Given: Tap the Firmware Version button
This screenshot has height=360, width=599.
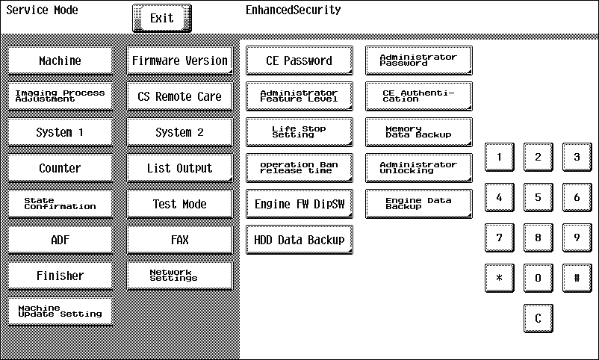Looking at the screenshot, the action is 179,60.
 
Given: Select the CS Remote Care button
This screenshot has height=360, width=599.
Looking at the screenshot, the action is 179,96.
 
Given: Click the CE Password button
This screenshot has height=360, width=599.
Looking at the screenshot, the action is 299,60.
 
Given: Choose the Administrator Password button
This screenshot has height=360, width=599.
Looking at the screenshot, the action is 419,60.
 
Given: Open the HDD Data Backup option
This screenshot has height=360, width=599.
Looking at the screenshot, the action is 299,240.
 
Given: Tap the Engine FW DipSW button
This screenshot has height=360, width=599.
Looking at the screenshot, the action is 299,204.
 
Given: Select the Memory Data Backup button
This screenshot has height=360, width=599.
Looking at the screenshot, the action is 419,132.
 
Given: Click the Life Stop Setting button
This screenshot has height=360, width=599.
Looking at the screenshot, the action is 299,132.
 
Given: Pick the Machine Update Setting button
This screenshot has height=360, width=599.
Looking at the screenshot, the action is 60,311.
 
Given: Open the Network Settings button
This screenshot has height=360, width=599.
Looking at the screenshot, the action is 179,276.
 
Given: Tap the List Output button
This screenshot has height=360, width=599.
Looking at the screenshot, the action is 179,168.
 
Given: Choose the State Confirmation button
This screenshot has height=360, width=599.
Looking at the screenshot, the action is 60,204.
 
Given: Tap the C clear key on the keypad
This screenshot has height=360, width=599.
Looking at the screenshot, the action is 538,318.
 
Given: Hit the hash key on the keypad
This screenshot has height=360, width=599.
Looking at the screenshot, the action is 577,278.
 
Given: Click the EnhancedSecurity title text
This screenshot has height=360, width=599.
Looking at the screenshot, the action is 293,10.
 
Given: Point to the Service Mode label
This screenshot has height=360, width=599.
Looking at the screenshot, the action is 42,10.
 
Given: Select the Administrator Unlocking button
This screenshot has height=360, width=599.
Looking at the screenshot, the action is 419,168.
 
